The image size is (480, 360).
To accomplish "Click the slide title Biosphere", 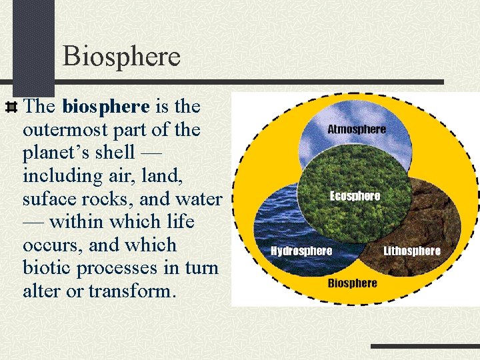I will coord(121,57).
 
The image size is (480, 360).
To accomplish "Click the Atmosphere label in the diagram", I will coord(357,129).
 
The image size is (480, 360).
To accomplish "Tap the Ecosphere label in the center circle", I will coord(355,196).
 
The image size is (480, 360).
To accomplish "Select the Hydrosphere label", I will coord(301,251).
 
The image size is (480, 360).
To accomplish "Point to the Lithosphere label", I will coord(412,251).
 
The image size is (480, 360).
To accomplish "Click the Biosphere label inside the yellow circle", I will coord(352,283).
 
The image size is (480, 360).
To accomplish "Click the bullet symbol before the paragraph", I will coord(11,107).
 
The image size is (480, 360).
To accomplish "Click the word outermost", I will coord(71,129).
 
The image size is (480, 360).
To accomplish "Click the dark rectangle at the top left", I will coord(33,43).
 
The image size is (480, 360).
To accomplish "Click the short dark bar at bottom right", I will coord(425,347).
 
